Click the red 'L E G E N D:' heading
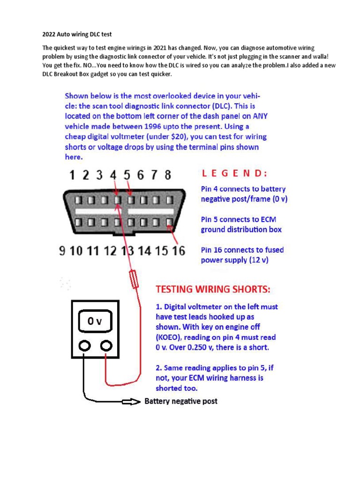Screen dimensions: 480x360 click(x=235, y=173)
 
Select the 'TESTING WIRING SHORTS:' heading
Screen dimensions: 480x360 click(x=213, y=289)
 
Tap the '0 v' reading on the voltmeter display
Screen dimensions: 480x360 click(x=95, y=322)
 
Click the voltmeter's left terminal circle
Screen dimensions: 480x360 click(x=84, y=346)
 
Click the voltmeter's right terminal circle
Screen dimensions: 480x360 click(x=107, y=346)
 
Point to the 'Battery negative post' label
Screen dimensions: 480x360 click(x=181, y=401)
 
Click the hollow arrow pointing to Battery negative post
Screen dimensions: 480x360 click(x=131, y=402)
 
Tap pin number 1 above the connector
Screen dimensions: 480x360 click(x=73, y=175)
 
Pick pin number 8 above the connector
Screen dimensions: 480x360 click(x=167, y=175)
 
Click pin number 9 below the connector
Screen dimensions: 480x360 click(x=62, y=251)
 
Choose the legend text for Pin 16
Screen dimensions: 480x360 click(x=242, y=255)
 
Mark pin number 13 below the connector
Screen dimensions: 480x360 click(x=127, y=251)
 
